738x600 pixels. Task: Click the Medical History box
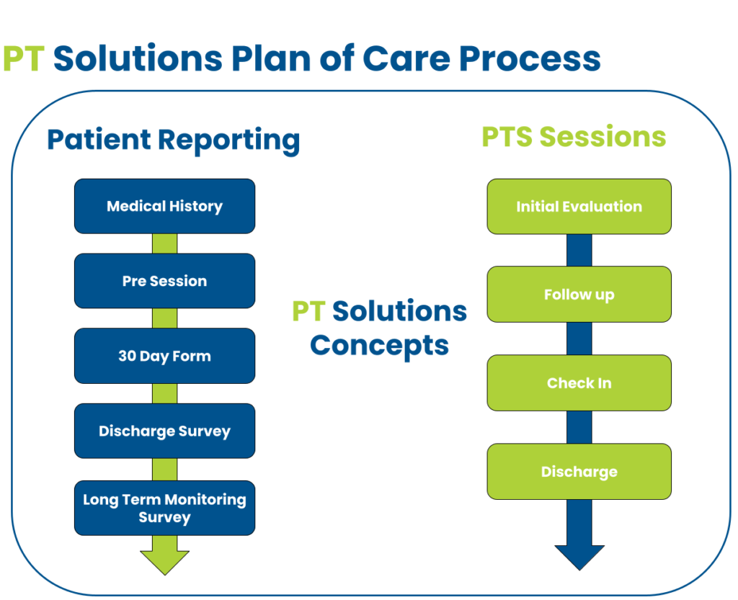click(164, 206)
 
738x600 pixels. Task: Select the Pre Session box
click(164, 281)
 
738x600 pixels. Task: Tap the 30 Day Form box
click(164, 356)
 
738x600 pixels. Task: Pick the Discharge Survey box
click(164, 431)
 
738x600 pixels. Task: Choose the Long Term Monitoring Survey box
click(164, 508)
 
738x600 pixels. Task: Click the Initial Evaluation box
click(579, 207)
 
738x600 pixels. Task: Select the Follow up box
click(579, 295)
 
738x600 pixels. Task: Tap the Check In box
click(579, 383)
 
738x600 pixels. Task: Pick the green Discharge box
click(579, 472)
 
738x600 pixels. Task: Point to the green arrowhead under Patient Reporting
click(164, 560)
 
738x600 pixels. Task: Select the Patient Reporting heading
click(173, 140)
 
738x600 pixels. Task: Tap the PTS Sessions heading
click(574, 137)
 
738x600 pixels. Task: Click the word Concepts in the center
click(379, 346)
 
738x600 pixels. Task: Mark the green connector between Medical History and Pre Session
click(164, 243)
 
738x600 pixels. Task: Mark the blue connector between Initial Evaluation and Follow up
click(579, 250)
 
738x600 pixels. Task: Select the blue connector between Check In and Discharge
click(579, 427)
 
